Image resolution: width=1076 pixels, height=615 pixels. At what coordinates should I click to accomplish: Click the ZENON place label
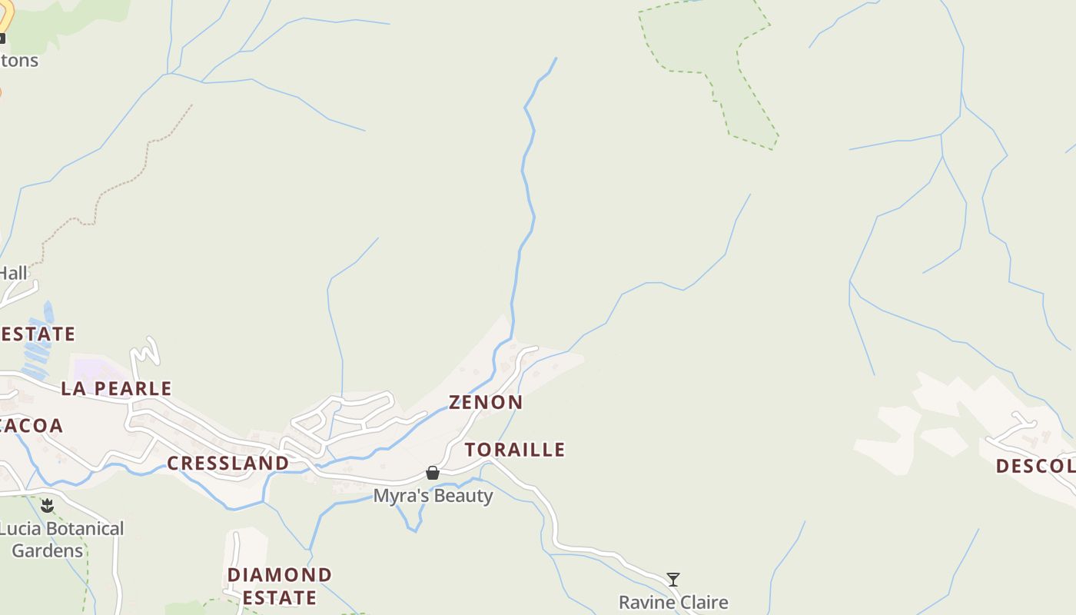[486, 402]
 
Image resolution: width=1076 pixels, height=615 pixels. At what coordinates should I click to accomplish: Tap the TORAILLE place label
[514, 450]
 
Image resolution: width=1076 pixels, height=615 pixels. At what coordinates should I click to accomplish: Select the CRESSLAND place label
[227, 463]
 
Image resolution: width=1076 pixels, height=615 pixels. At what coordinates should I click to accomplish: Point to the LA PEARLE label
[116, 388]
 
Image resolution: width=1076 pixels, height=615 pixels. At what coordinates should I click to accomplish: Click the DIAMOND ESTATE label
[280, 586]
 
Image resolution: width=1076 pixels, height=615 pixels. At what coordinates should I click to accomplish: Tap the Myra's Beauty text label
[433, 496]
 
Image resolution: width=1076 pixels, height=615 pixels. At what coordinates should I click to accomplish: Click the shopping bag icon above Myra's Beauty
[433, 473]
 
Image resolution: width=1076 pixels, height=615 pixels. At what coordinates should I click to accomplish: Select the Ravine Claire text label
[673, 602]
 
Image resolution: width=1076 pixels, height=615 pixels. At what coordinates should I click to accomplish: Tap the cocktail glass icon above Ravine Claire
[673, 580]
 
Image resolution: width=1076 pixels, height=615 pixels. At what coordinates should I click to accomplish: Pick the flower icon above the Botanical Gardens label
[48, 505]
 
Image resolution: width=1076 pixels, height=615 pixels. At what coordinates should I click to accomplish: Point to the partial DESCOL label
[1034, 466]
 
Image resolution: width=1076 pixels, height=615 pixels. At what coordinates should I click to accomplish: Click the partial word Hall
[13, 273]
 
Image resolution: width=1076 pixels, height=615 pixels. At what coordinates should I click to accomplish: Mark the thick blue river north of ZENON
[526, 192]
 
